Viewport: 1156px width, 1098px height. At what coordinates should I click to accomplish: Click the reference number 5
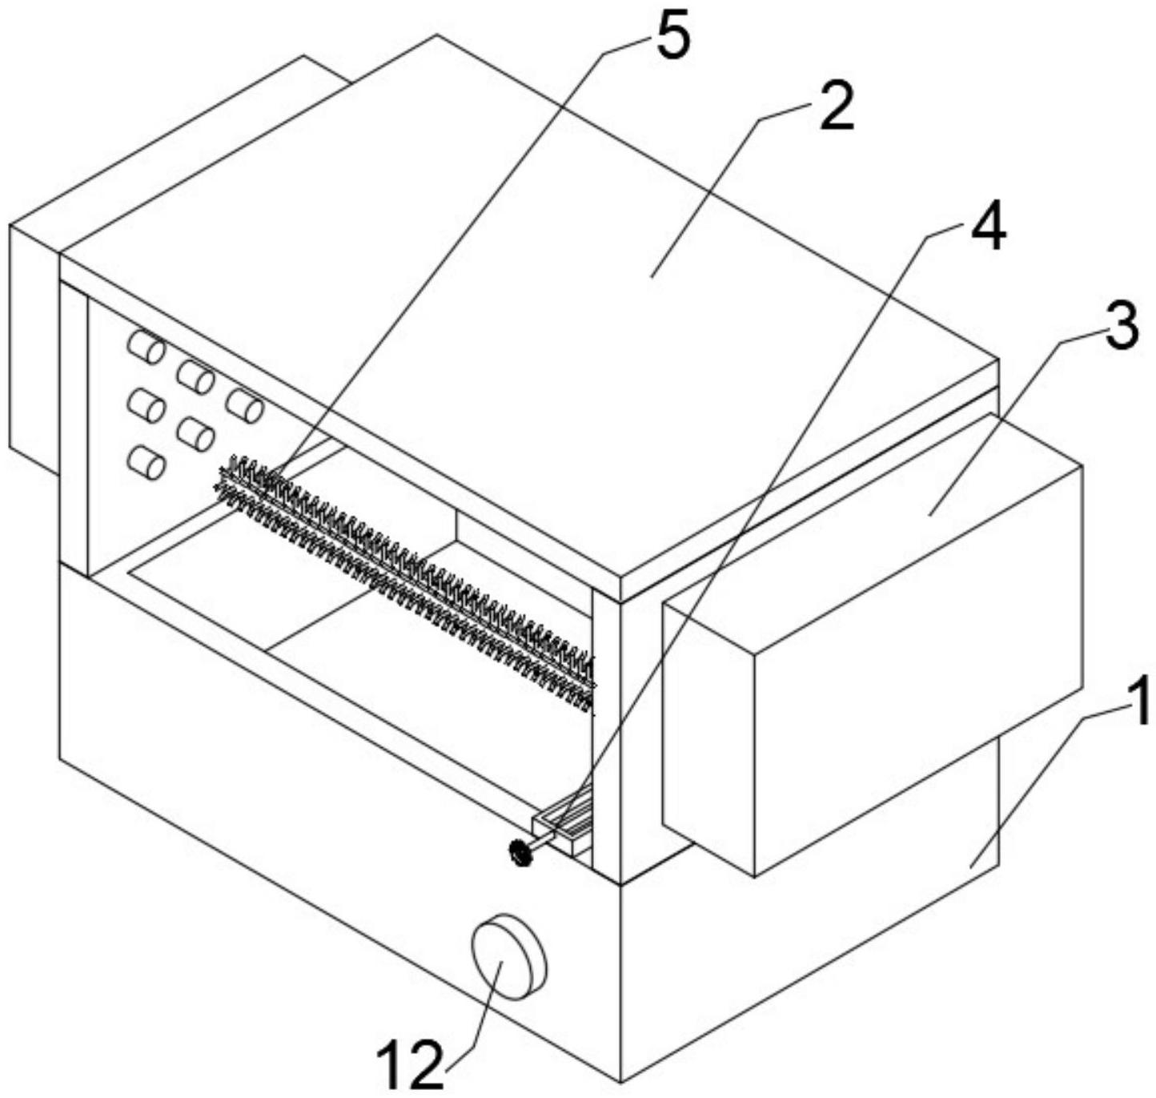click(x=672, y=38)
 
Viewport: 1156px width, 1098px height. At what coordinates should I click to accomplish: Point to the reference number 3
click(x=1120, y=326)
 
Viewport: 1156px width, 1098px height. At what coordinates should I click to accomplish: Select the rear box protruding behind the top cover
click(x=32, y=344)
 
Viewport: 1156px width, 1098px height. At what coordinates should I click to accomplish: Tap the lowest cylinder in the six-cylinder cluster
click(x=147, y=463)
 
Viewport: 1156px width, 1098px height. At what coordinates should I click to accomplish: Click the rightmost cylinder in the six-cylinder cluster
click(x=244, y=405)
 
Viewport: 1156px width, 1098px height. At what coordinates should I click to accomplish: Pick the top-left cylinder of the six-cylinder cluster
click(x=147, y=348)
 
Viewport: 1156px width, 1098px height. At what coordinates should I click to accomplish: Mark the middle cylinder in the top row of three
click(x=195, y=376)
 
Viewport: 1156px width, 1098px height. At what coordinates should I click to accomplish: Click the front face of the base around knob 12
click(x=336, y=801)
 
